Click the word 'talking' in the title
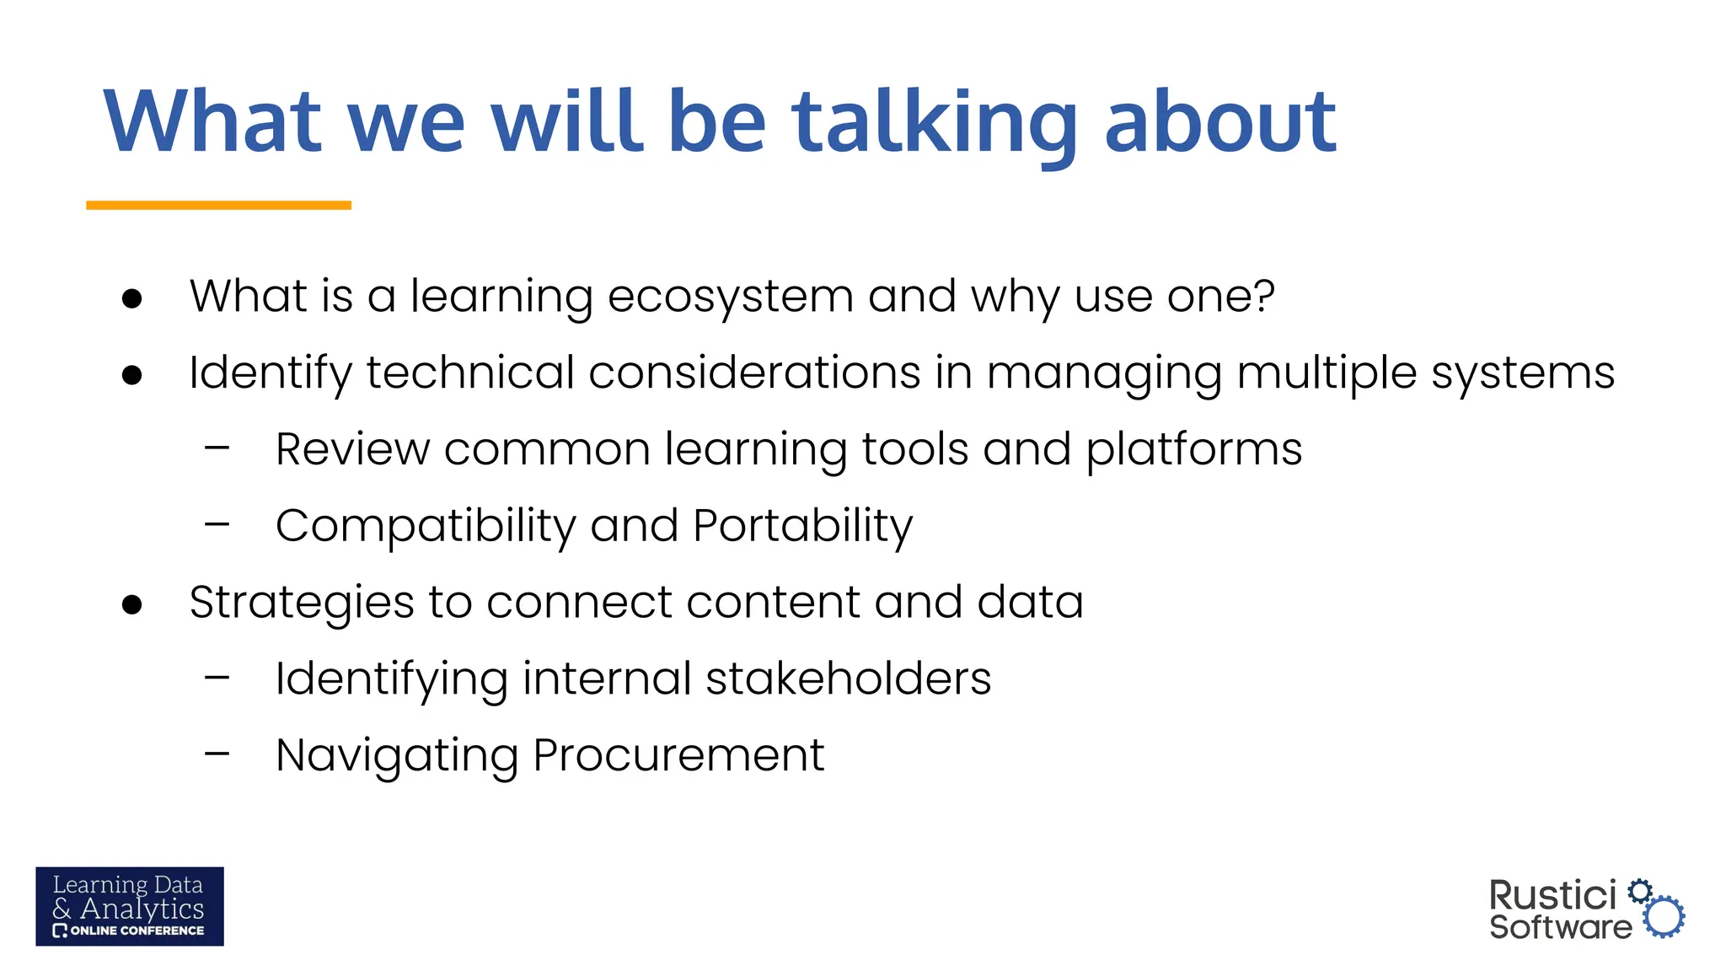point(934,125)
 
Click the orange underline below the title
point(218,205)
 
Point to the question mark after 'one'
point(1263,295)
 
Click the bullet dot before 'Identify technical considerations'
point(131,374)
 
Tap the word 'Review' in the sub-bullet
point(352,449)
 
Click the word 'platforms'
point(1193,450)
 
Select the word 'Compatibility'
point(426,527)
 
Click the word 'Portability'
point(802,527)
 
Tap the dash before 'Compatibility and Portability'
point(217,525)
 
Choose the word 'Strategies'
point(301,604)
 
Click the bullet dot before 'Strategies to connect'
point(131,604)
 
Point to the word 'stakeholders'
point(848,679)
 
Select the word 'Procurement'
point(678,755)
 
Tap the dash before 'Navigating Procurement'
point(217,754)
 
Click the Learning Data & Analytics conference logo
point(130,906)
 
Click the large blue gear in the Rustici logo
point(1664,917)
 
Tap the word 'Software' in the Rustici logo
point(1560,927)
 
